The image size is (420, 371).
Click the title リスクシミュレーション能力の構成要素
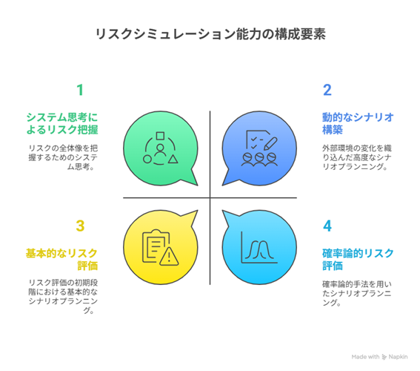(210, 34)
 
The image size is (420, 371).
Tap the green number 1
(80, 90)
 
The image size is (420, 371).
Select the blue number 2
(327, 90)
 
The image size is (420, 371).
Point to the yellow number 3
(80, 226)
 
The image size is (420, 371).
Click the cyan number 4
(327, 226)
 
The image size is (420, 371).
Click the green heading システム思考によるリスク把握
(62, 123)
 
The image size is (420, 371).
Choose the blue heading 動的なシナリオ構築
(358, 123)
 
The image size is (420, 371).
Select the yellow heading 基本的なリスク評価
(62, 260)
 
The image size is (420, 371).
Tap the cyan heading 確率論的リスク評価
(358, 260)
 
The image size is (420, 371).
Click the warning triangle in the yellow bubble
(169, 257)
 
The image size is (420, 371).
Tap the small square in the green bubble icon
(160, 136)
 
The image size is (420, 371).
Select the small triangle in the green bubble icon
(173, 160)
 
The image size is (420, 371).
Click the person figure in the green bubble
(160, 151)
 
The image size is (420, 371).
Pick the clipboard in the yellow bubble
(156, 246)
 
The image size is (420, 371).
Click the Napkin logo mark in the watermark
(384, 357)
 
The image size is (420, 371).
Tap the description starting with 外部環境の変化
(357, 157)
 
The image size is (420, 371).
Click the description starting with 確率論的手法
(357, 293)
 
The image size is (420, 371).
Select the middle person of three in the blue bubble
(259, 160)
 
